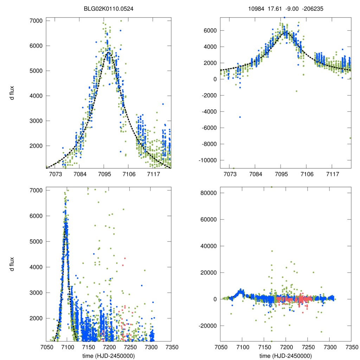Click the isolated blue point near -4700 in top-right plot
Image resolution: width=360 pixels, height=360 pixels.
(x=240, y=117)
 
